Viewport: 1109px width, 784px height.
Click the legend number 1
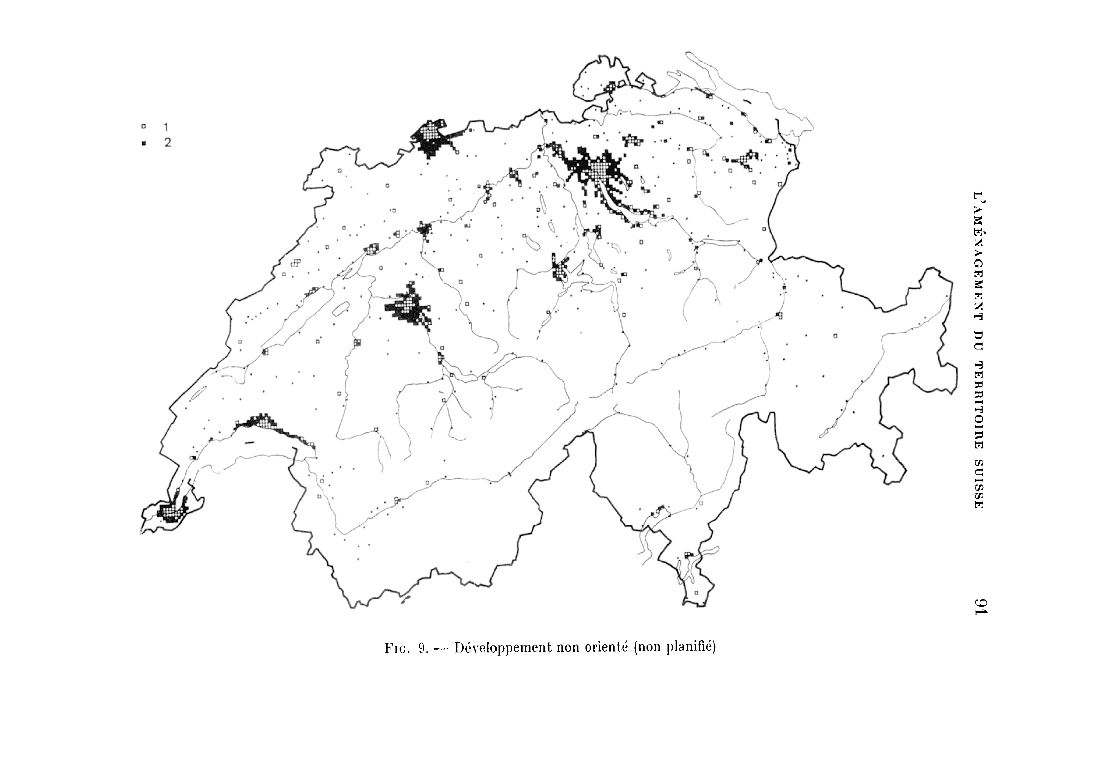coord(166,127)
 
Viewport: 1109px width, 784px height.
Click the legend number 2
coord(167,143)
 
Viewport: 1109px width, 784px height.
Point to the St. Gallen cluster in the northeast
coord(744,159)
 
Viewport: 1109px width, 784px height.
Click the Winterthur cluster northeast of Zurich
coord(632,140)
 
